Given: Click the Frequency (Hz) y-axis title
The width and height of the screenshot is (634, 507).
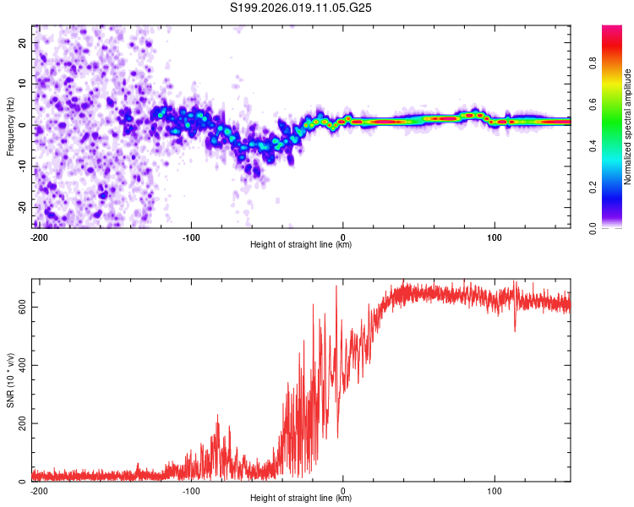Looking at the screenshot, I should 10,127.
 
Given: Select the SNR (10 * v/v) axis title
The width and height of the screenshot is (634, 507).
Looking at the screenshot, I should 10,380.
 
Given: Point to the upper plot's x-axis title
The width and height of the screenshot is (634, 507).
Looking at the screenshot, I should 301,245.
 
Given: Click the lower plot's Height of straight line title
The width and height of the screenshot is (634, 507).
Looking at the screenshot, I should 301,499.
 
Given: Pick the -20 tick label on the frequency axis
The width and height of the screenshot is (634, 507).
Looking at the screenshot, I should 21,207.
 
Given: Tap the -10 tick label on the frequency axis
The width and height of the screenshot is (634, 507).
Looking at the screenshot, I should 21,166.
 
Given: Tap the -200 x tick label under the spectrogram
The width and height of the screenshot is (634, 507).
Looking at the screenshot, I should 38,237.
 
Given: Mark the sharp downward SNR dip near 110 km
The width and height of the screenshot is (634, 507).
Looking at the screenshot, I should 515,330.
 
